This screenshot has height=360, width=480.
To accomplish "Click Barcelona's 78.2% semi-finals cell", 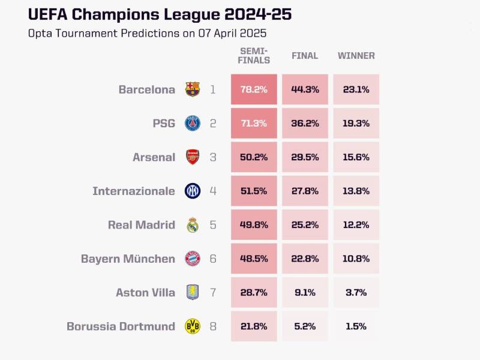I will click(254, 89).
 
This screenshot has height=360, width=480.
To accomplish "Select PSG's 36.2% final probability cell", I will click(305, 124).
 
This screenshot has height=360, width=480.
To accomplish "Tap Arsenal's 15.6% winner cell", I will click(356, 157).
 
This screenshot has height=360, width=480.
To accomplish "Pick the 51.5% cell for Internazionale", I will click(254, 191).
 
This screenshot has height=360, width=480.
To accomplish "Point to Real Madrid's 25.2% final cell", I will click(305, 225).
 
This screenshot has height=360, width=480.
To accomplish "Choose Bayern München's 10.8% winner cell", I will click(356, 259).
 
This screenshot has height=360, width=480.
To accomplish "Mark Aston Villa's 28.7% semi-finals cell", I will click(254, 293).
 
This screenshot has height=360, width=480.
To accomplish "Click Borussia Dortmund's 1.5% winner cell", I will click(356, 326).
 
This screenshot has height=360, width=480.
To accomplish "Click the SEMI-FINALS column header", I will click(254, 56).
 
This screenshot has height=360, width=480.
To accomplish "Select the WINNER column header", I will click(356, 56).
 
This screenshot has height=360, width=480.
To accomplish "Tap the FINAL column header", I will click(305, 56).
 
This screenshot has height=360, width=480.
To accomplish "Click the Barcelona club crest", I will click(193, 89).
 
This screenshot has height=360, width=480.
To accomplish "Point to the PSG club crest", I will click(193, 124).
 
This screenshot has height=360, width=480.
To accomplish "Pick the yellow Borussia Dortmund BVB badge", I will click(193, 326).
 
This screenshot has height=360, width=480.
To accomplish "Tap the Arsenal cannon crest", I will click(193, 157).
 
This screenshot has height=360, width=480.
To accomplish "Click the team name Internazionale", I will click(134, 191).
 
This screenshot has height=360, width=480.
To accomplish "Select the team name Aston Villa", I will click(146, 293).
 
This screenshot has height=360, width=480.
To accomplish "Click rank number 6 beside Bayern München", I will click(213, 259).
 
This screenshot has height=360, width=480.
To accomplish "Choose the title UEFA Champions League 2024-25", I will click(160, 14).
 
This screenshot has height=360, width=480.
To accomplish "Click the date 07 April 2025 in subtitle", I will click(232, 33).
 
